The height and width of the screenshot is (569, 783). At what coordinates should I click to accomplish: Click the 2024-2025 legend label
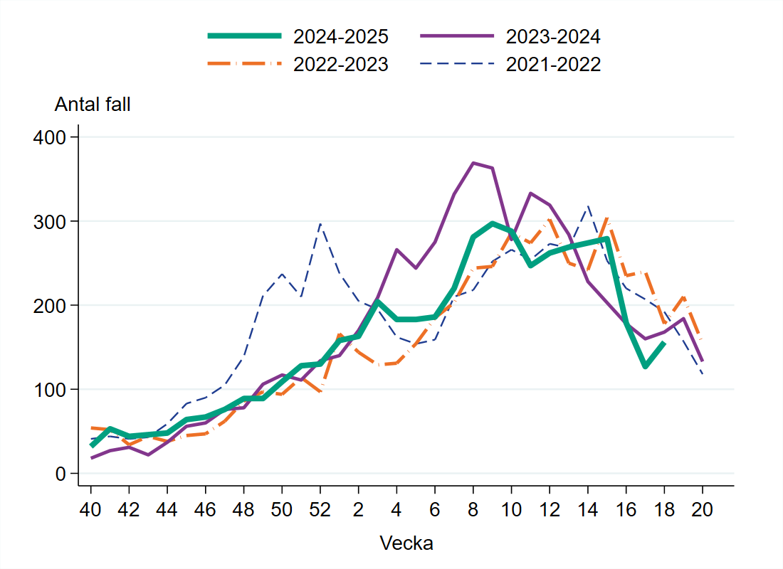[x=341, y=36]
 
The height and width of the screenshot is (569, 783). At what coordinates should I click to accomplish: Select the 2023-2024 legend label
[x=553, y=36]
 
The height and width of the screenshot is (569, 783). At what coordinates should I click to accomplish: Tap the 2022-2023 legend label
[x=341, y=65]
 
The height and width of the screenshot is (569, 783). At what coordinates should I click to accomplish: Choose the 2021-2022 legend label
[x=553, y=65]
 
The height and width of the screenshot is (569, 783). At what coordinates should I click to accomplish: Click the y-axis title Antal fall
[x=93, y=104]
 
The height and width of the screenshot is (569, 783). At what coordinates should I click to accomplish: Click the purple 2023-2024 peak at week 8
[x=473, y=163]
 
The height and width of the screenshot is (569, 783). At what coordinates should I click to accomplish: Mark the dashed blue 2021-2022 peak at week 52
[x=320, y=224]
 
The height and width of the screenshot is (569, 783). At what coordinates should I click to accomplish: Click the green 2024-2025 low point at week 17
[x=645, y=366]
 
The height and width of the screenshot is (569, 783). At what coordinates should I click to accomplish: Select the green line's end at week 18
[x=664, y=342]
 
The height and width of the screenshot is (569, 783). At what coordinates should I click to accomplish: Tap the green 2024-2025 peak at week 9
[x=493, y=223]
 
